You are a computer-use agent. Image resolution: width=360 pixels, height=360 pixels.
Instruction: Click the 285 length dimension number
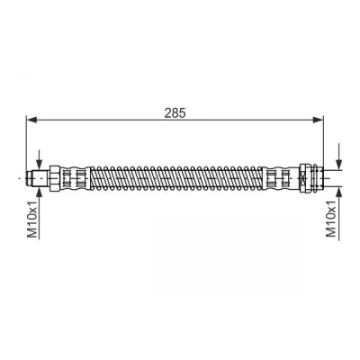[x=175, y=112]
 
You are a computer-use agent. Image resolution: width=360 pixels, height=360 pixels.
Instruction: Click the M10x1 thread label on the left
[x=32, y=220]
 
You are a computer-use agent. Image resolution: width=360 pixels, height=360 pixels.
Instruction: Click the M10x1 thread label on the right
[x=331, y=220]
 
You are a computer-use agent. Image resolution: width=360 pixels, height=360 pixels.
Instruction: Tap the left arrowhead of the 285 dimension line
[x=31, y=120]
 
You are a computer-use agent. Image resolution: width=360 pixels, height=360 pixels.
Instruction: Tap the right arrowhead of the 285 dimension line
[x=318, y=120]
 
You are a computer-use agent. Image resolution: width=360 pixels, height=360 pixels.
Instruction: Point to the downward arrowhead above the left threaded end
[x=39, y=165]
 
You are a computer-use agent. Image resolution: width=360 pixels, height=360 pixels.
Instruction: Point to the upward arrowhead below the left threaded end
[x=39, y=193]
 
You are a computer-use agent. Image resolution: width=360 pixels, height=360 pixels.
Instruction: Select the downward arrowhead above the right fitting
[x=338, y=165]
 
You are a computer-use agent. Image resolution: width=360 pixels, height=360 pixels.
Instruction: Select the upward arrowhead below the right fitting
[x=338, y=192]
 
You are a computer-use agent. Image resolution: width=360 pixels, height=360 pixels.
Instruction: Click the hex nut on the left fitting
[x=55, y=178]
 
